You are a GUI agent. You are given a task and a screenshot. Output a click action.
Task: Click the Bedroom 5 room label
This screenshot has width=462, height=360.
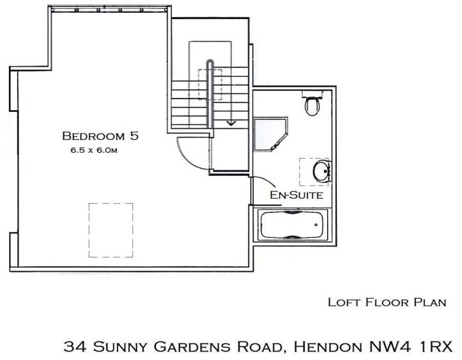click(x=100, y=136)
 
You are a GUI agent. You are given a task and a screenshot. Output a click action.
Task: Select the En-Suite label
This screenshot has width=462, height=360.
click(x=295, y=194)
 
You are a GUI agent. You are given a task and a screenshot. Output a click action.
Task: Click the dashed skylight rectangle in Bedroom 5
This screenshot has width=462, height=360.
click(x=111, y=230)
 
